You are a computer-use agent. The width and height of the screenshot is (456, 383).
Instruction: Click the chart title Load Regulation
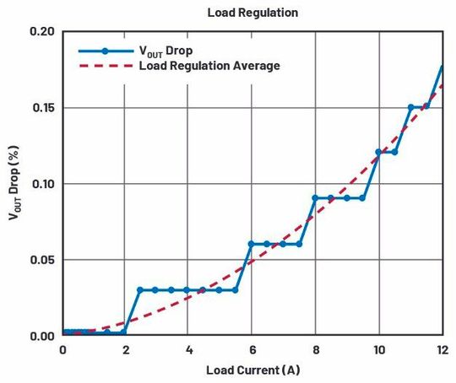click(x=252, y=13)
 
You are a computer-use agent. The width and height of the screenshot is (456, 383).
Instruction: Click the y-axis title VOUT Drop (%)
click(x=14, y=184)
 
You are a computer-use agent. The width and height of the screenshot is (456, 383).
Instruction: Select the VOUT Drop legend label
click(x=170, y=50)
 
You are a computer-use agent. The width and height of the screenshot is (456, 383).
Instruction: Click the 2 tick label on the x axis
click(x=126, y=349)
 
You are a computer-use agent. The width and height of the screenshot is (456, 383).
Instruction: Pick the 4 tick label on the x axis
click(x=189, y=349)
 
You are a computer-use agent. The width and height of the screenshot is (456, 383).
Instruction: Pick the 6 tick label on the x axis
click(x=252, y=349)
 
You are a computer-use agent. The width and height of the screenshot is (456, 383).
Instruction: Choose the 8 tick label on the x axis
click(x=315, y=349)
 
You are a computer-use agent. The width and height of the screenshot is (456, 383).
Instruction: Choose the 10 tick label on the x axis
click(x=378, y=349)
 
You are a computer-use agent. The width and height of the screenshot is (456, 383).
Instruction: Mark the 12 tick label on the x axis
click(x=441, y=349)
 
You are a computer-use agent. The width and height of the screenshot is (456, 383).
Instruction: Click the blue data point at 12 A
click(x=442, y=66)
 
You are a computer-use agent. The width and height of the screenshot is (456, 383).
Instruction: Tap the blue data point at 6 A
click(x=252, y=244)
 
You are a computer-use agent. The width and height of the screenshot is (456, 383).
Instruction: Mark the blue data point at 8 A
click(x=315, y=198)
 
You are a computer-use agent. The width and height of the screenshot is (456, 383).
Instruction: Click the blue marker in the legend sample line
click(x=105, y=50)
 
